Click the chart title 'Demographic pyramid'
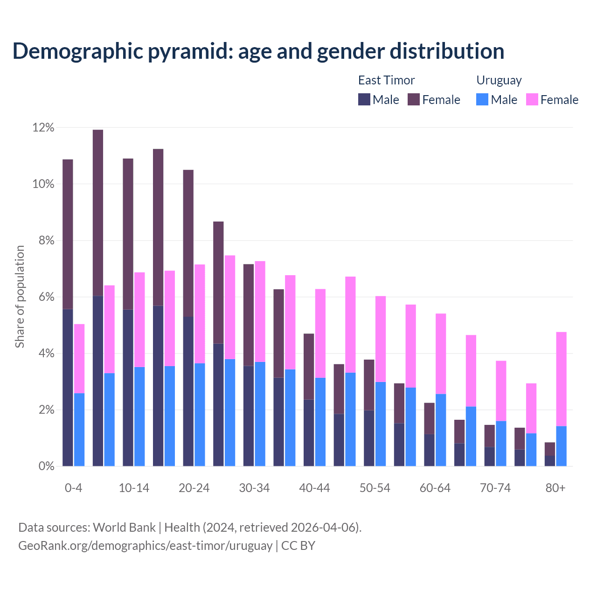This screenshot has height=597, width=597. (x=258, y=51)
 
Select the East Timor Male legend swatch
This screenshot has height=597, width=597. (x=364, y=99)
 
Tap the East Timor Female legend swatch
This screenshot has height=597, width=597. (x=414, y=99)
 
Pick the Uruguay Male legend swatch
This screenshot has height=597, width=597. (x=482, y=99)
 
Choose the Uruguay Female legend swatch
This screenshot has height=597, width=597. (x=532, y=99)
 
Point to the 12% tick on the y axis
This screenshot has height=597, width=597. (x=43, y=127)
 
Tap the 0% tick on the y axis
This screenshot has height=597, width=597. (x=46, y=466)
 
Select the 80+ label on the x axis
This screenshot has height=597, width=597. (x=555, y=488)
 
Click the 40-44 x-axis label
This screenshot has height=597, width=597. (x=314, y=488)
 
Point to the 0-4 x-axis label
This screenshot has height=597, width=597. (x=73, y=488)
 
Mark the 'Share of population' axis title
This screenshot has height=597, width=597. (x=20, y=297)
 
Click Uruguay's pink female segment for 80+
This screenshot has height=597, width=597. (x=562, y=379)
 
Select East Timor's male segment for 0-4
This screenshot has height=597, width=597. (x=68, y=387)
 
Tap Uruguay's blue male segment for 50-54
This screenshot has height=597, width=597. (x=381, y=423)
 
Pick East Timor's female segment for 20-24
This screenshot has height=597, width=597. (x=188, y=243)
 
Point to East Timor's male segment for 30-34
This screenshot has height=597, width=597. (x=249, y=416)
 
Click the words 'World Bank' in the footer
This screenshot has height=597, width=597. (x=124, y=528)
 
